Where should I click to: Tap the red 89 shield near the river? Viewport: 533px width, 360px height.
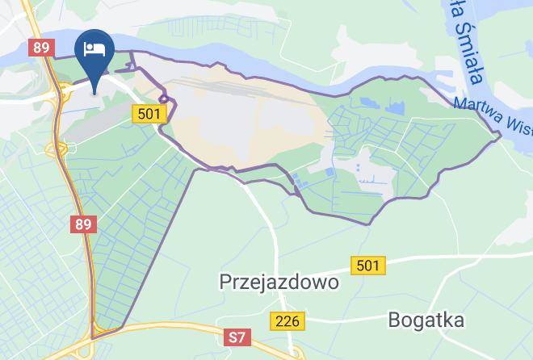coord(41,48)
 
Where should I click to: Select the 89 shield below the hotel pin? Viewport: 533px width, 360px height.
coord(83,224)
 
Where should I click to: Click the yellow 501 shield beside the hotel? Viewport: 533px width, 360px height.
coord(149,114)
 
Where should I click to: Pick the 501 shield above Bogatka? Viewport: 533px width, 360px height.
coord(368,264)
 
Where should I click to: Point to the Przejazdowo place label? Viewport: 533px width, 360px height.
coord(279,283)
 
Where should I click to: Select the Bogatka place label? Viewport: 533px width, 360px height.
coord(427,319)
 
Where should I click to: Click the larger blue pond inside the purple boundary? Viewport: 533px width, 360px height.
coord(396,105)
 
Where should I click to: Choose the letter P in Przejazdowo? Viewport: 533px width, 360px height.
coord(226,283)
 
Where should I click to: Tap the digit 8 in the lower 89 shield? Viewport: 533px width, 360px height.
coord(79,224)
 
